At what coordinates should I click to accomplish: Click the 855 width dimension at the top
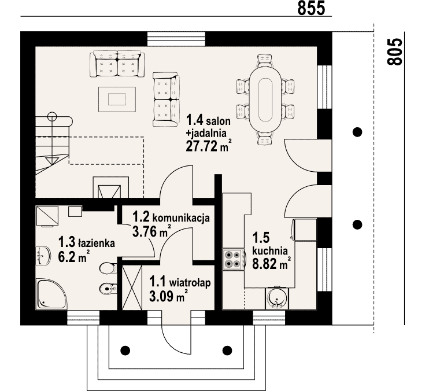[x=311, y=8]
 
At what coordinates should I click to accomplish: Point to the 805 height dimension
[x=394, y=51]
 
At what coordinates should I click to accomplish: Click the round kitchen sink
[x=276, y=298]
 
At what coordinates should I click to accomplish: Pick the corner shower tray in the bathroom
[x=51, y=294]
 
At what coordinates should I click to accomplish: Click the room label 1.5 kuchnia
[x=269, y=244]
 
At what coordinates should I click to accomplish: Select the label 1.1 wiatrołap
[x=180, y=283]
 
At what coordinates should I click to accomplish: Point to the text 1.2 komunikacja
[x=171, y=217]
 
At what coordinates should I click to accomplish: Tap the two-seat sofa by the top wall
[x=117, y=64]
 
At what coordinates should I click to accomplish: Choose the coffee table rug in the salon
[x=117, y=99]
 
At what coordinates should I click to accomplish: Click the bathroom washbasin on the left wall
[x=43, y=256]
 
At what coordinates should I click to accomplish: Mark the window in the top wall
[x=176, y=39]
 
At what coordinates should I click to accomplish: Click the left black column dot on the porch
[x=125, y=351]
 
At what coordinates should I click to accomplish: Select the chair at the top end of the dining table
[x=265, y=60]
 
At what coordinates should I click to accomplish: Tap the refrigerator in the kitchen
[x=304, y=230]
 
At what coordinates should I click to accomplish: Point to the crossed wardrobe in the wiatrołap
[x=132, y=287]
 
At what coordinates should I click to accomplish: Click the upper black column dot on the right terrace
[x=357, y=132]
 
